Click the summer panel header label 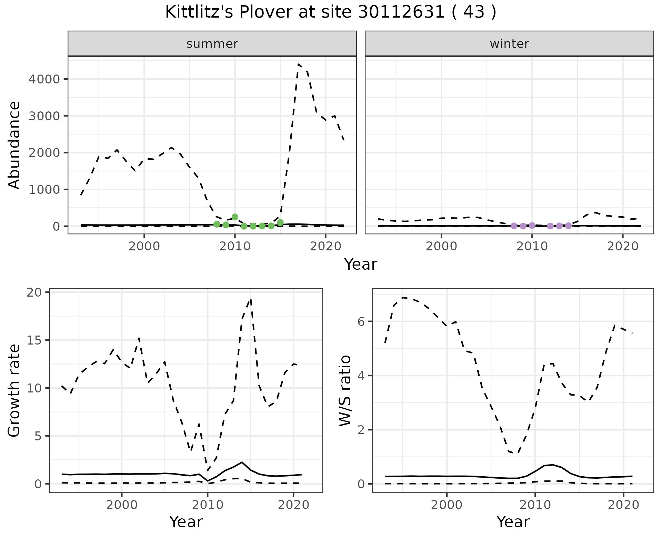pos(212,44)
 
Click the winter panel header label pos(509,44)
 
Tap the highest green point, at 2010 pos(235,217)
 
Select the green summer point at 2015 pos(280,223)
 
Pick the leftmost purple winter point pos(514,226)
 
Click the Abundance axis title pos(14,145)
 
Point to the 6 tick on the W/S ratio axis pos(361,321)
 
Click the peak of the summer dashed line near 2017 pos(298,64)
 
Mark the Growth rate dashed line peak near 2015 pos(251,299)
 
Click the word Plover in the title pos(259,12)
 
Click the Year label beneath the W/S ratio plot pos(513,522)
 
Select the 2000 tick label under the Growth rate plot pos(122,505)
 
